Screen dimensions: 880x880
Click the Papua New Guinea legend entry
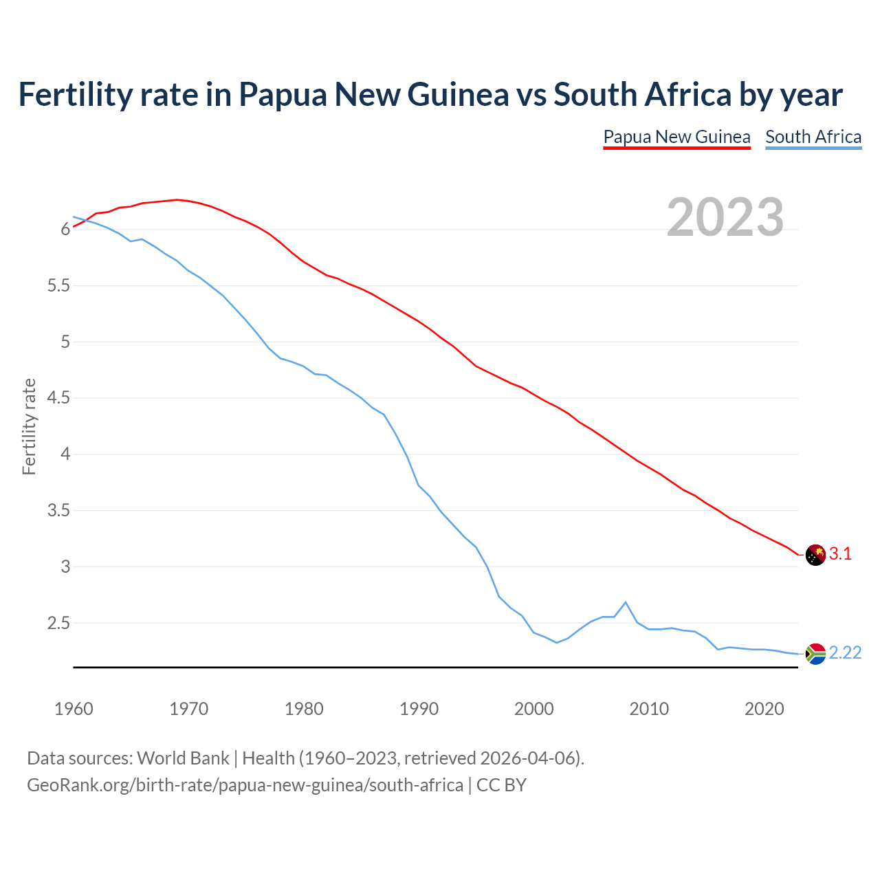pos(676,137)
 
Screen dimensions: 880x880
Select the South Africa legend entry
pos(813,137)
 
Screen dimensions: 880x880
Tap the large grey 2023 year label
pos(725,217)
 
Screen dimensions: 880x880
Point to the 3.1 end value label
pos(840,554)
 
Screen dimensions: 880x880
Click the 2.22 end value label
pos(845,653)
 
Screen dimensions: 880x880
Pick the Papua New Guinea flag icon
pos(815,555)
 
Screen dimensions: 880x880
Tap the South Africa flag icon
pos(815,654)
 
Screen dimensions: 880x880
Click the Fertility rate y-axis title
pos(29,426)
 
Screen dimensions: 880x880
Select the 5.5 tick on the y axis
pos(59,286)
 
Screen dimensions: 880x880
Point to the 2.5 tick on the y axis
pos(59,624)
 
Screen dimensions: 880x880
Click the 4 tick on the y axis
pos(66,454)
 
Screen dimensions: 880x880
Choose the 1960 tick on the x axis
pos(74,709)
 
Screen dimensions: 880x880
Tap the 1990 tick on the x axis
pos(419,709)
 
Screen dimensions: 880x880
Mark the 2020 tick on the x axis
pos(764,709)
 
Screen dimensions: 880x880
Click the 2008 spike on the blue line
pos(626,602)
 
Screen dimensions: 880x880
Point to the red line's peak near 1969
pos(177,199)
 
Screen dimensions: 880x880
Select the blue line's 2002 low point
pos(556,642)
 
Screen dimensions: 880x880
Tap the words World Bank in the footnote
pos(183,758)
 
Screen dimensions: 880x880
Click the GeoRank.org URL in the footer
pos(245,785)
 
